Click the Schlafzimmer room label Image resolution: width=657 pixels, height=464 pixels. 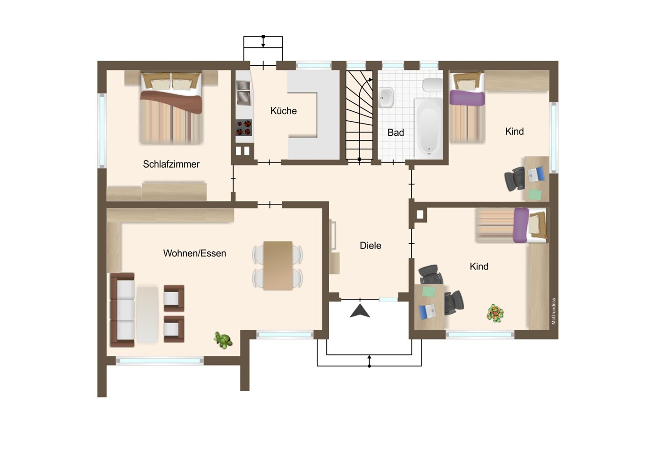pyautogui.click(x=171, y=164)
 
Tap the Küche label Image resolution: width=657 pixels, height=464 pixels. pyautogui.click(x=283, y=111)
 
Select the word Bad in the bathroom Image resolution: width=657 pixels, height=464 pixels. pyautogui.click(x=396, y=132)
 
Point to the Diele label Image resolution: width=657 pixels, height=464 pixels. pyautogui.click(x=371, y=246)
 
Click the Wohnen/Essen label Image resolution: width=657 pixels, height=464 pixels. pyautogui.click(x=194, y=254)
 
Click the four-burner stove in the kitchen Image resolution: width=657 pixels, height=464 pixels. pyautogui.click(x=244, y=128)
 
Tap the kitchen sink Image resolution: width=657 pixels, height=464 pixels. pyautogui.click(x=243, y=93)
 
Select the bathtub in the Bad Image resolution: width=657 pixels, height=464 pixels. pyautogui.click(x=428, y=129)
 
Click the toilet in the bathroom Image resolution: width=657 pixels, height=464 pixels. pyautogui.click(x=433, y=85)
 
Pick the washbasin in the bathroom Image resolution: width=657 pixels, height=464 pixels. pyautogui.click(x=386, y=98)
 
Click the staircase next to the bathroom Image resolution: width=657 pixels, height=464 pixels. pyautogui.click(x=359, y=115)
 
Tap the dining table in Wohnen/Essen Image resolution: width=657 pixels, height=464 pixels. pyautogui.click(x=278, y=265)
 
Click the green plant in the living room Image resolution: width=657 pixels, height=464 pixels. pyautogui.click(x=223, y=340)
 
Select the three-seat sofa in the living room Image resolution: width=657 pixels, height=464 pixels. pyautogui.click(x=123, y=310)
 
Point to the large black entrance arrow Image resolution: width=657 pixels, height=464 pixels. pyautogui.click(x=360, y=311)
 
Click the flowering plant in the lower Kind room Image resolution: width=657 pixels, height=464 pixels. pyautogui.click(x=495, y=313)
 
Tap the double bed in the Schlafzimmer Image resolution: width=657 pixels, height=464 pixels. pyautogui.click(x=171, y=108)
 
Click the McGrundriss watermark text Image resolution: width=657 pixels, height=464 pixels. pyautogui.click(x=554, y=311)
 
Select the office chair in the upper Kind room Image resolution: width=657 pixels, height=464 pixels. pyautogui.click(x=515, y=179)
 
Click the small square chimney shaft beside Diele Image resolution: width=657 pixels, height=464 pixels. pyautogui.click(x=420, y=215)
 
